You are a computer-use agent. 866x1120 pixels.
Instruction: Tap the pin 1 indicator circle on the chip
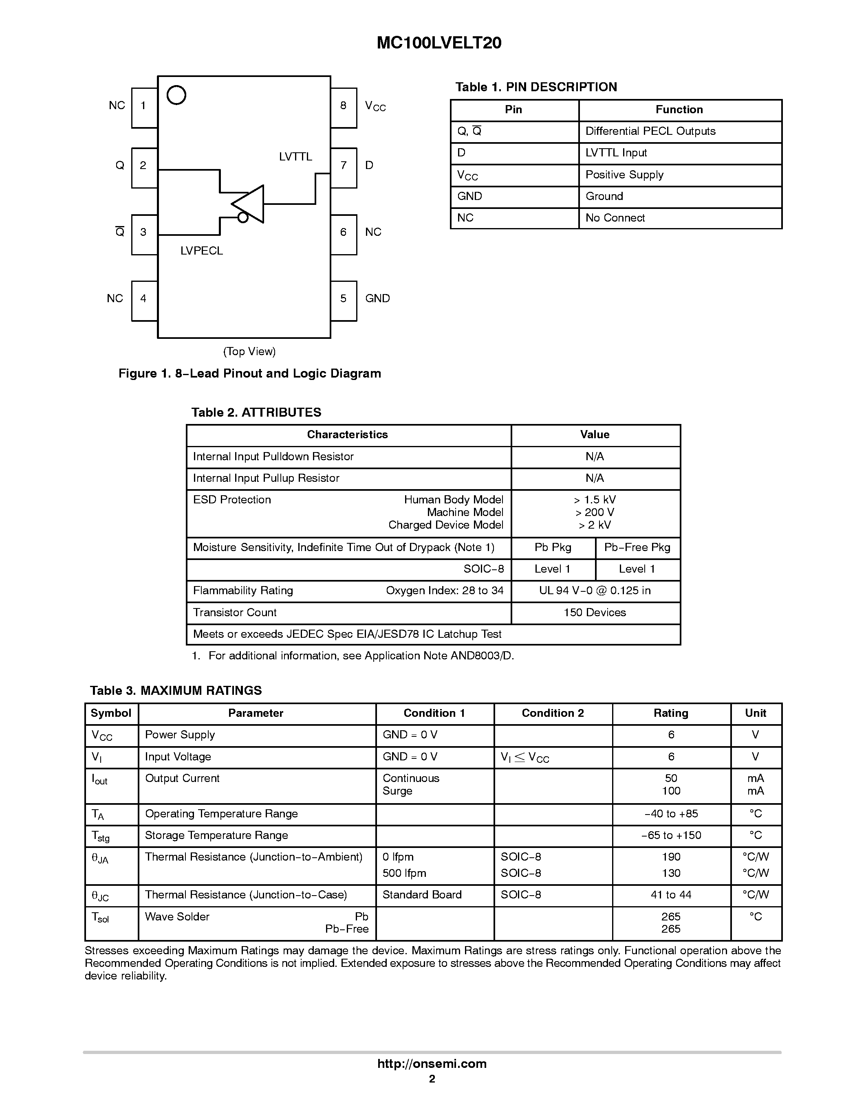[x=176, y=95]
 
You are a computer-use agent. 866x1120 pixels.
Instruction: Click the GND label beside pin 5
[x=377, y=299]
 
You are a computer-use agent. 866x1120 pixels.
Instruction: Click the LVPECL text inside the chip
[x=202, y=251]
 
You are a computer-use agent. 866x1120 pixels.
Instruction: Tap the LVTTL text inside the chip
[x=295, y=157]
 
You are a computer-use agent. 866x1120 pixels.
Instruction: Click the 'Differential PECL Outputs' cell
[x=650, y=131]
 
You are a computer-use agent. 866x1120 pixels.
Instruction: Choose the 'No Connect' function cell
[x=615, y=218]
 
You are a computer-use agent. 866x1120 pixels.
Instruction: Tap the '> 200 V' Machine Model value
[x=595, y=512]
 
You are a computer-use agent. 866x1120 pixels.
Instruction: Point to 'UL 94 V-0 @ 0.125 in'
[x=595, y=591]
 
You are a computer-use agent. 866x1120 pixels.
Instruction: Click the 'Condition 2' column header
[x=553, y=713]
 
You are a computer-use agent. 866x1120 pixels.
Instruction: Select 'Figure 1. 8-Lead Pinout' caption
[x=249, y=373]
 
